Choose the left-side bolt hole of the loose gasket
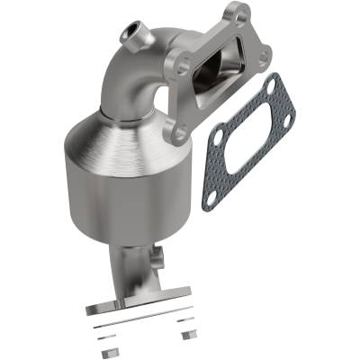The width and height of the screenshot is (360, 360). click(218, 135)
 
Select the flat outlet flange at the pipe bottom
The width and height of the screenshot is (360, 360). click(139, 301)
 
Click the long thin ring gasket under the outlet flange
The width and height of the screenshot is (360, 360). click(144, 317)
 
